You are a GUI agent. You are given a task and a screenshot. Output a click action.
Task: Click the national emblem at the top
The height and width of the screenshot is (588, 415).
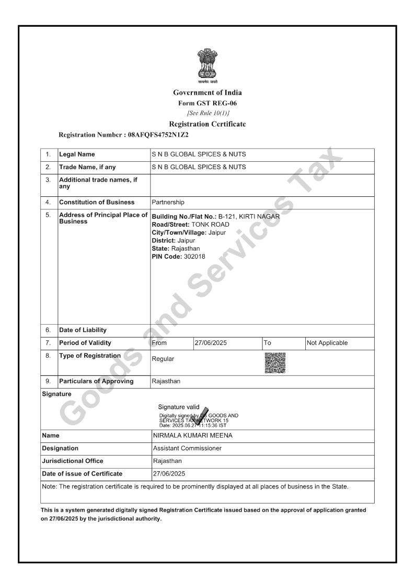click(208, 66)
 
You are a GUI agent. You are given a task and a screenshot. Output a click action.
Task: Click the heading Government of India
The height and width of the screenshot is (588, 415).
click(208, 93)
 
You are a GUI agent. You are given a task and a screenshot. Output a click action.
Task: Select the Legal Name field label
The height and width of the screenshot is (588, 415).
click(77, 154)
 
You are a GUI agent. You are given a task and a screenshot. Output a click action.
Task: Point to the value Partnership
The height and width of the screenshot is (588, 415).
click(168, 202)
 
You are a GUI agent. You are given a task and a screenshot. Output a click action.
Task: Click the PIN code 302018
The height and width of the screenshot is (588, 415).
click(194, 257)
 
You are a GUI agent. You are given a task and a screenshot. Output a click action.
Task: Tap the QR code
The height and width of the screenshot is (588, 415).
click(275, 363)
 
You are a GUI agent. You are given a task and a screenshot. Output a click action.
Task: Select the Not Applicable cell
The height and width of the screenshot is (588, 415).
click(327, 343)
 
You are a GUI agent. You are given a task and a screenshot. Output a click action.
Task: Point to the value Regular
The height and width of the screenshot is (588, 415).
click(163, 359)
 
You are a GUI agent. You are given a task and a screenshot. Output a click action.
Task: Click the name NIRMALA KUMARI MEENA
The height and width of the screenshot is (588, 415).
click(193, 436)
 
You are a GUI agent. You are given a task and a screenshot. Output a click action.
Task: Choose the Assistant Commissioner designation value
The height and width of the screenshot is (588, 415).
click(187, 448)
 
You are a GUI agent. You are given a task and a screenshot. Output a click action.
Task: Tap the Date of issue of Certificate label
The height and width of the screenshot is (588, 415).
click(82, 474)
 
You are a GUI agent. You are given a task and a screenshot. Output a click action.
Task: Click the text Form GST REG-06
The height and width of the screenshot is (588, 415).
click(208, 103)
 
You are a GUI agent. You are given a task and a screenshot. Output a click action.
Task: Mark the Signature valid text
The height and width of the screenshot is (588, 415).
click(179, 407)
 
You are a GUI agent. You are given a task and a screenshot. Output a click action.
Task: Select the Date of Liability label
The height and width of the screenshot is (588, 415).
click(83, 330)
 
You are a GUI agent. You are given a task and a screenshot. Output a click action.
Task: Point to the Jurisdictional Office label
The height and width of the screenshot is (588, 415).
click(73, 461)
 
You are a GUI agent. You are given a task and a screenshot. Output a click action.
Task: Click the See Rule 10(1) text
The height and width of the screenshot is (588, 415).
click(208, 113)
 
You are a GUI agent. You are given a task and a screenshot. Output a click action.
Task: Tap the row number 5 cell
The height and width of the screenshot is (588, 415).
click(48, 215)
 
